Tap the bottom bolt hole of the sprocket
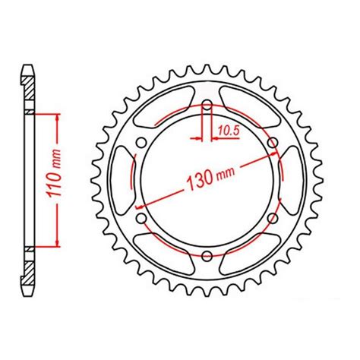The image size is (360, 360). tap(206, 254)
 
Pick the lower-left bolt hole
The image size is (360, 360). tap(141, 218)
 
